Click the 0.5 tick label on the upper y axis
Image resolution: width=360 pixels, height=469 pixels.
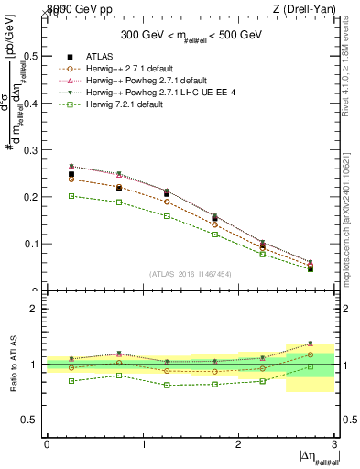[x=34, y=56]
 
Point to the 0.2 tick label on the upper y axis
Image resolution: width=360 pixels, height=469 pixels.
[x=34, y=197]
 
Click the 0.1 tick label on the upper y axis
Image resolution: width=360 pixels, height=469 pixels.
[x=34, y=244]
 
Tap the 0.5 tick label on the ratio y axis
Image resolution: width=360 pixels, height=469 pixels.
[x=34, y=420]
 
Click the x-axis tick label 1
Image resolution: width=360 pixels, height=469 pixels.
[x=143, y=444]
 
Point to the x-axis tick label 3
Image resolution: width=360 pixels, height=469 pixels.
[x=335, y=444]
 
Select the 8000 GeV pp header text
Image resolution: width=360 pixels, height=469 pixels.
[x=74, y=9]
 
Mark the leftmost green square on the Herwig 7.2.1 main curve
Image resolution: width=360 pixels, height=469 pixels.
[x=71, y=196]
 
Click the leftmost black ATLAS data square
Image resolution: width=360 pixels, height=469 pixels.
[x=71, y=174]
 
